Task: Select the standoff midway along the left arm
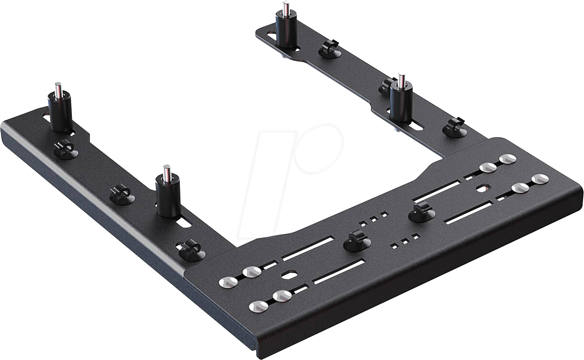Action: click(168, 195)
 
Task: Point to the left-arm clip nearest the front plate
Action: click(190, 250)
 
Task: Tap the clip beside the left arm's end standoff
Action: click(66, 149)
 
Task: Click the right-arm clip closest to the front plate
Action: click(454, 128)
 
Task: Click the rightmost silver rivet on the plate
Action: click(540, 179)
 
